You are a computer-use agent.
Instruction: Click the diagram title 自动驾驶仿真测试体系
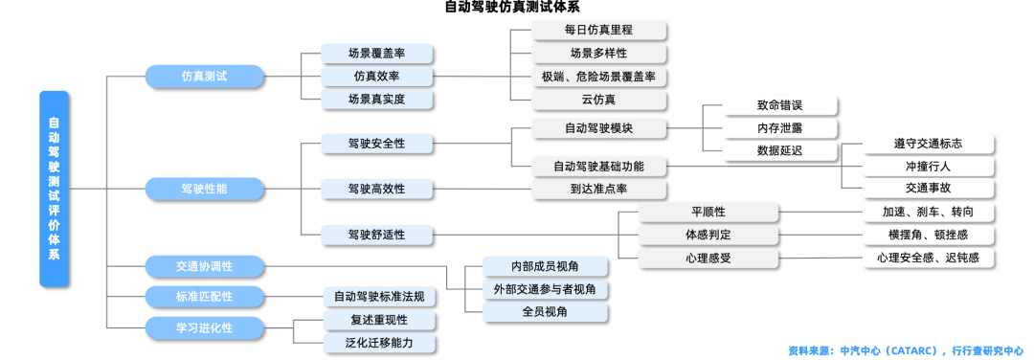[518, 8]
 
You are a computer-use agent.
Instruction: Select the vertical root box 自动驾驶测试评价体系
[55, 189]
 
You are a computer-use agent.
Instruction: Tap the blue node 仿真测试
[204, 77]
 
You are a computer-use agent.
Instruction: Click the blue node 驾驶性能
[204, 189]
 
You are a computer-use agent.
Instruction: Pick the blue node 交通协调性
[204, 266]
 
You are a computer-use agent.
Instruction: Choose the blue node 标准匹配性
[204, 297]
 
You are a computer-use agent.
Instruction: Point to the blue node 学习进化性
[204, 328]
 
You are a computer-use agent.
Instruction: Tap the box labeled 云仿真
[598, 100]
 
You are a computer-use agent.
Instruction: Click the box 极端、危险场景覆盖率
[598, 77]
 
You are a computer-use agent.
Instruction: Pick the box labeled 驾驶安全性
[376, 144]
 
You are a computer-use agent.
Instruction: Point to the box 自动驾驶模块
[598, 128]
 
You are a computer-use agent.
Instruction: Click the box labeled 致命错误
[779, 106]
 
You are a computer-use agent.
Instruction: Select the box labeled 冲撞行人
[928, 167]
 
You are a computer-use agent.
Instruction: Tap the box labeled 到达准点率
[598, 189]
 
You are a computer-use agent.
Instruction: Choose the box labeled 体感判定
[708, 235]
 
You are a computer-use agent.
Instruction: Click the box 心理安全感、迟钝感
[928, 258]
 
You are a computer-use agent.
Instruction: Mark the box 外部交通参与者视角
[546, 289]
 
